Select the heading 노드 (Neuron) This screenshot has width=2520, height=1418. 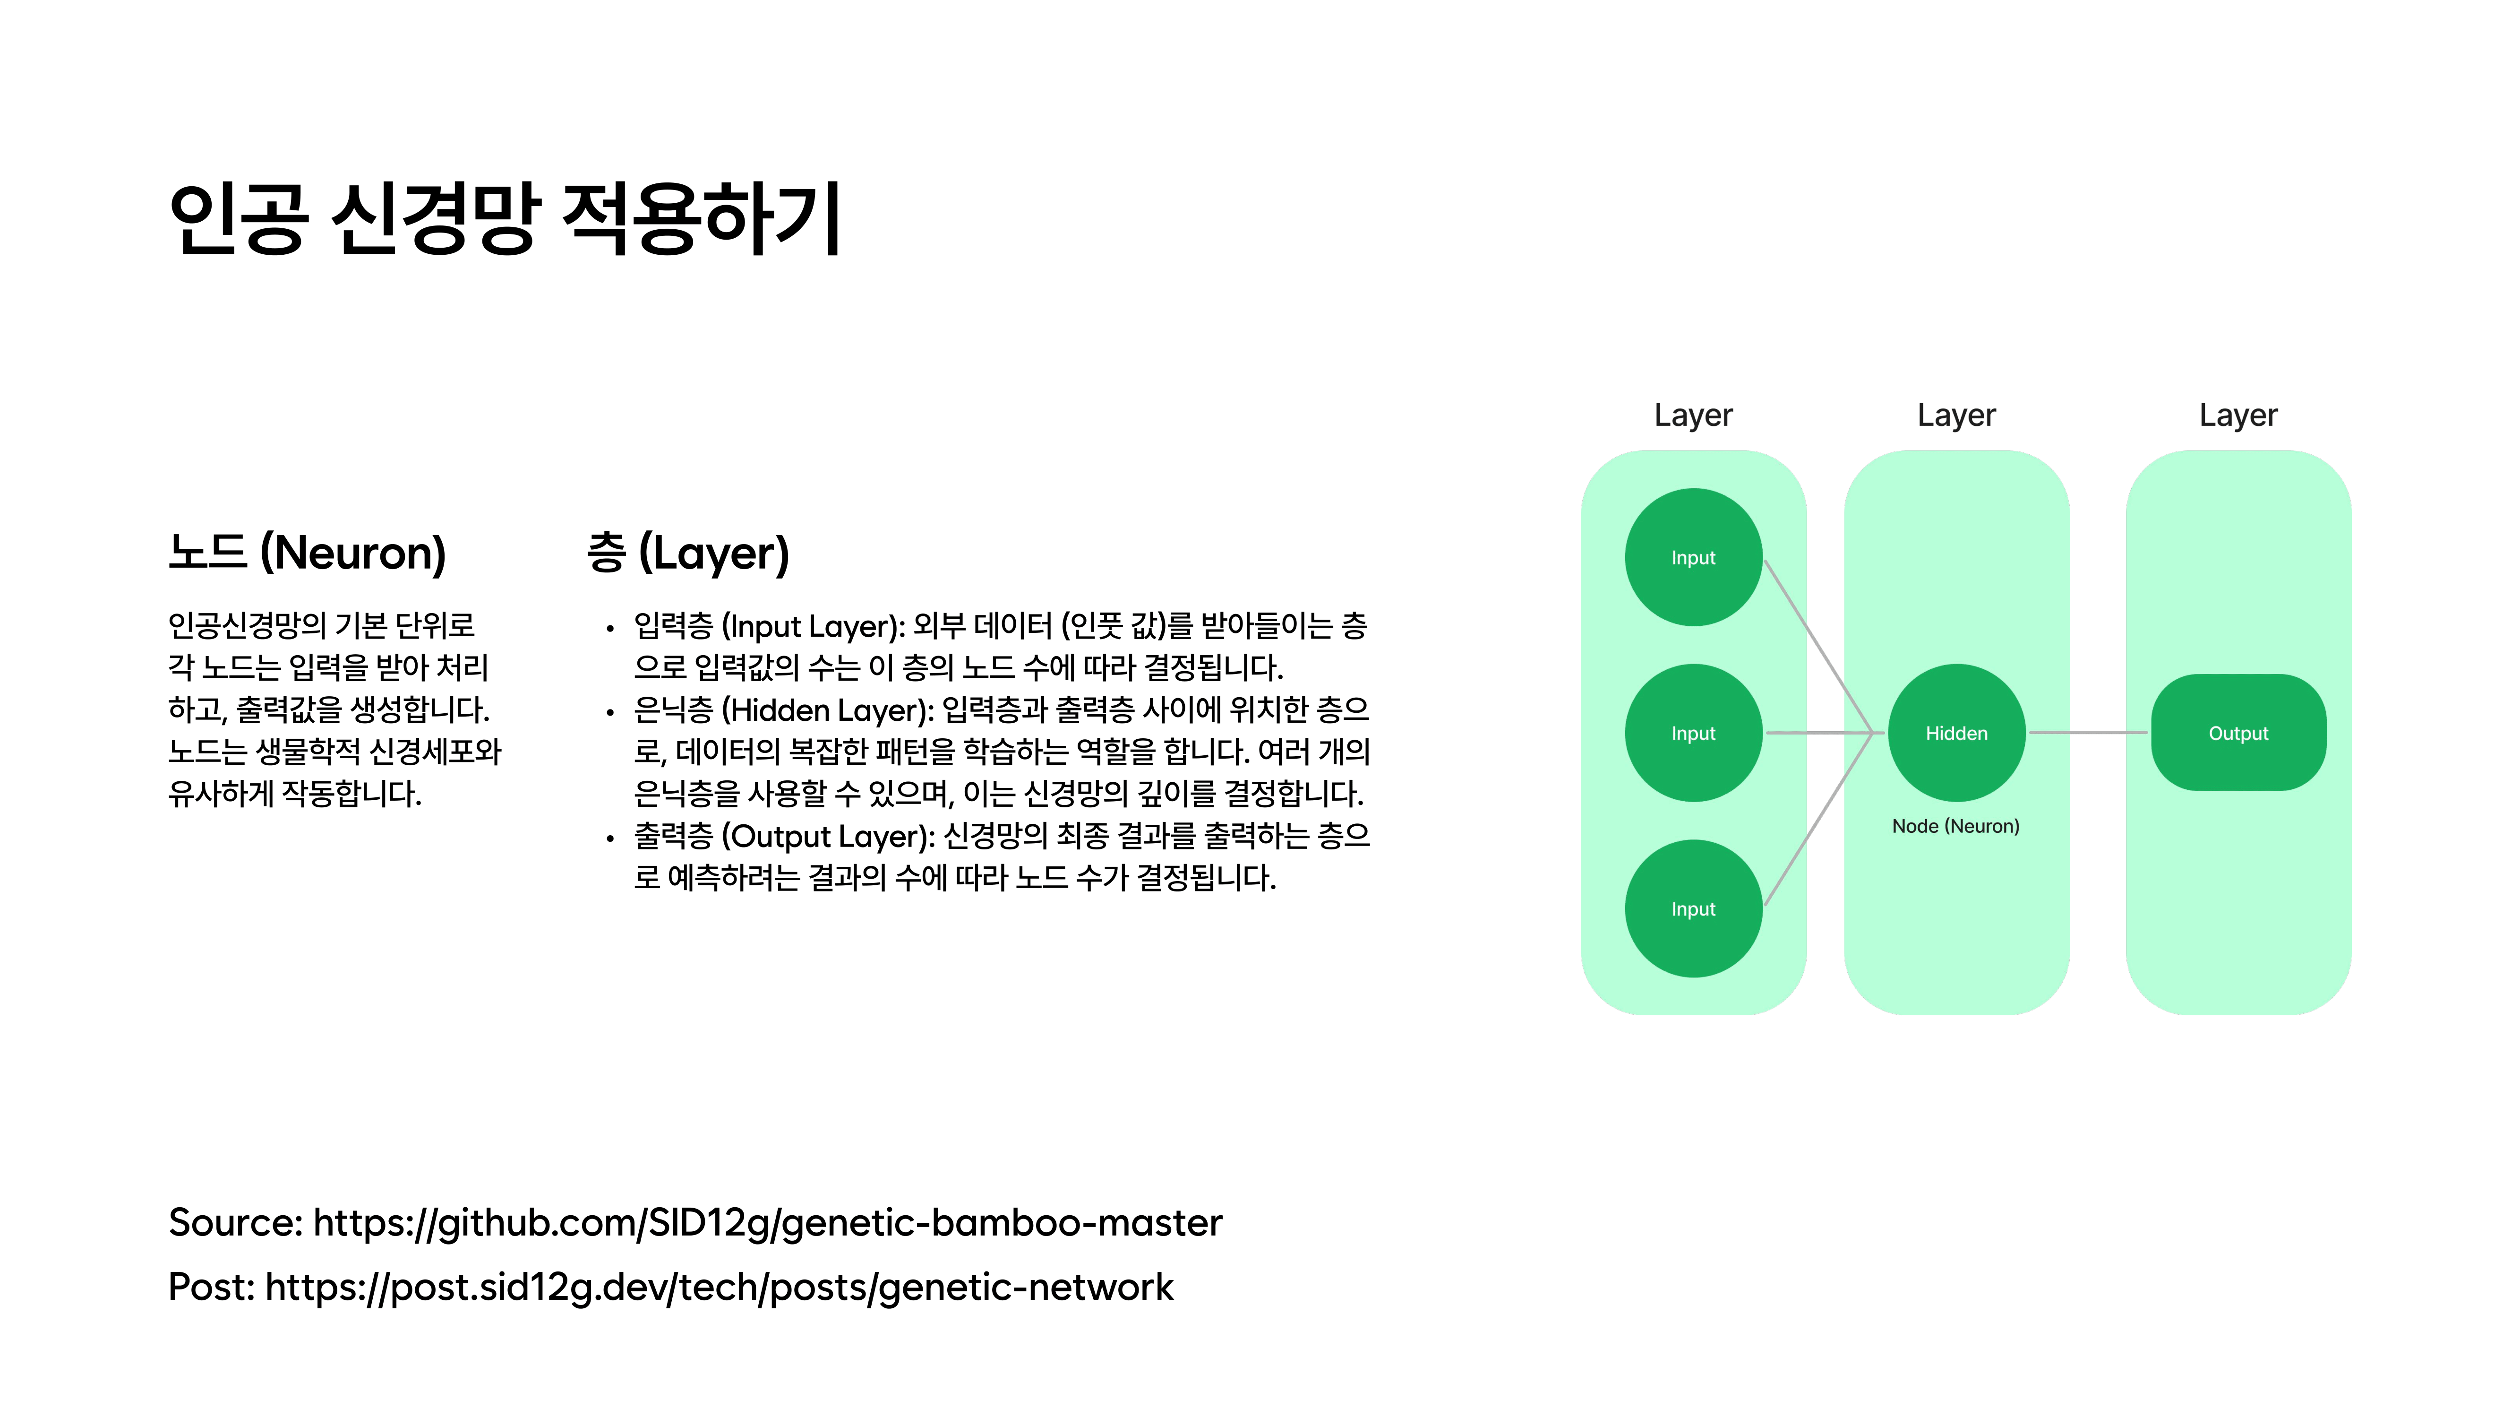307,553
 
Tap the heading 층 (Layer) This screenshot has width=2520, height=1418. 688,553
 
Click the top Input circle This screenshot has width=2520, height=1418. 1693,557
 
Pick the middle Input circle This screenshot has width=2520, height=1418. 1693,733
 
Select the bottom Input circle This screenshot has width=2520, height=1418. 1693,908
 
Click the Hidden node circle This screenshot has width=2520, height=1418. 1956,733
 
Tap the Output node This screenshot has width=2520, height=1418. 2238,733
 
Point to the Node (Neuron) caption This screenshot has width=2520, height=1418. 1955,826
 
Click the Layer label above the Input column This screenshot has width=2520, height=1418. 1693,415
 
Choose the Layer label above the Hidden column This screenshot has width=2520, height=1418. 1956,415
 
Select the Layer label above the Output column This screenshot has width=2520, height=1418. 2238,415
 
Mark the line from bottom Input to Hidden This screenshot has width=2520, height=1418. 1818,819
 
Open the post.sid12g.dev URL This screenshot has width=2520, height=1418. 719,1287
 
